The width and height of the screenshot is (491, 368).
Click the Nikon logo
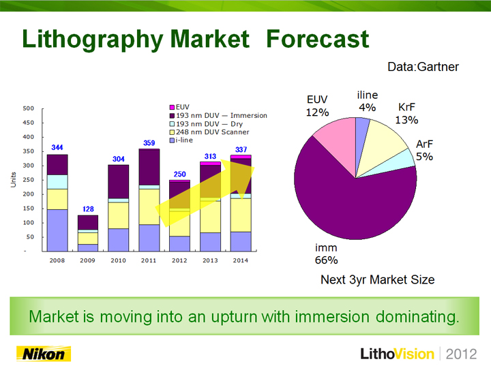coord(44,354)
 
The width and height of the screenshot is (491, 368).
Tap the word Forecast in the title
coord(318,39)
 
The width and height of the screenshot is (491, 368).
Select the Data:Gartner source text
coord(423,67)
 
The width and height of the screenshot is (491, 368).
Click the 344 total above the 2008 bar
coord(57,147)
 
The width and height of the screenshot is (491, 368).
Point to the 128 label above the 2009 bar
coord(88,209)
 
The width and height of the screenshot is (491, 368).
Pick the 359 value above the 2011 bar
coord(149,143)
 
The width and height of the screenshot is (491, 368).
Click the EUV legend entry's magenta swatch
coord(172,108)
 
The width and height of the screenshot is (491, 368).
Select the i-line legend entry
coord(181,140)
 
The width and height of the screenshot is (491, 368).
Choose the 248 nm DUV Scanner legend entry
coord(209,132)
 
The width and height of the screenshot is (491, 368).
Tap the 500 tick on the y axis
coord(28,108)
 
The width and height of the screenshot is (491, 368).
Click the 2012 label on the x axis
coord(179,260)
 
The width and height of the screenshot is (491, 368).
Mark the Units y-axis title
coord(13,180)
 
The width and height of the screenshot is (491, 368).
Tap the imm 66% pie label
coord(326,254)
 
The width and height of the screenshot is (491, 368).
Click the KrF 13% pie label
coord(406,113)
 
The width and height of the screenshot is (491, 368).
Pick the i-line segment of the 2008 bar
coord(57,230)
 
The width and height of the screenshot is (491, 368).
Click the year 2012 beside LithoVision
coord(461,354)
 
